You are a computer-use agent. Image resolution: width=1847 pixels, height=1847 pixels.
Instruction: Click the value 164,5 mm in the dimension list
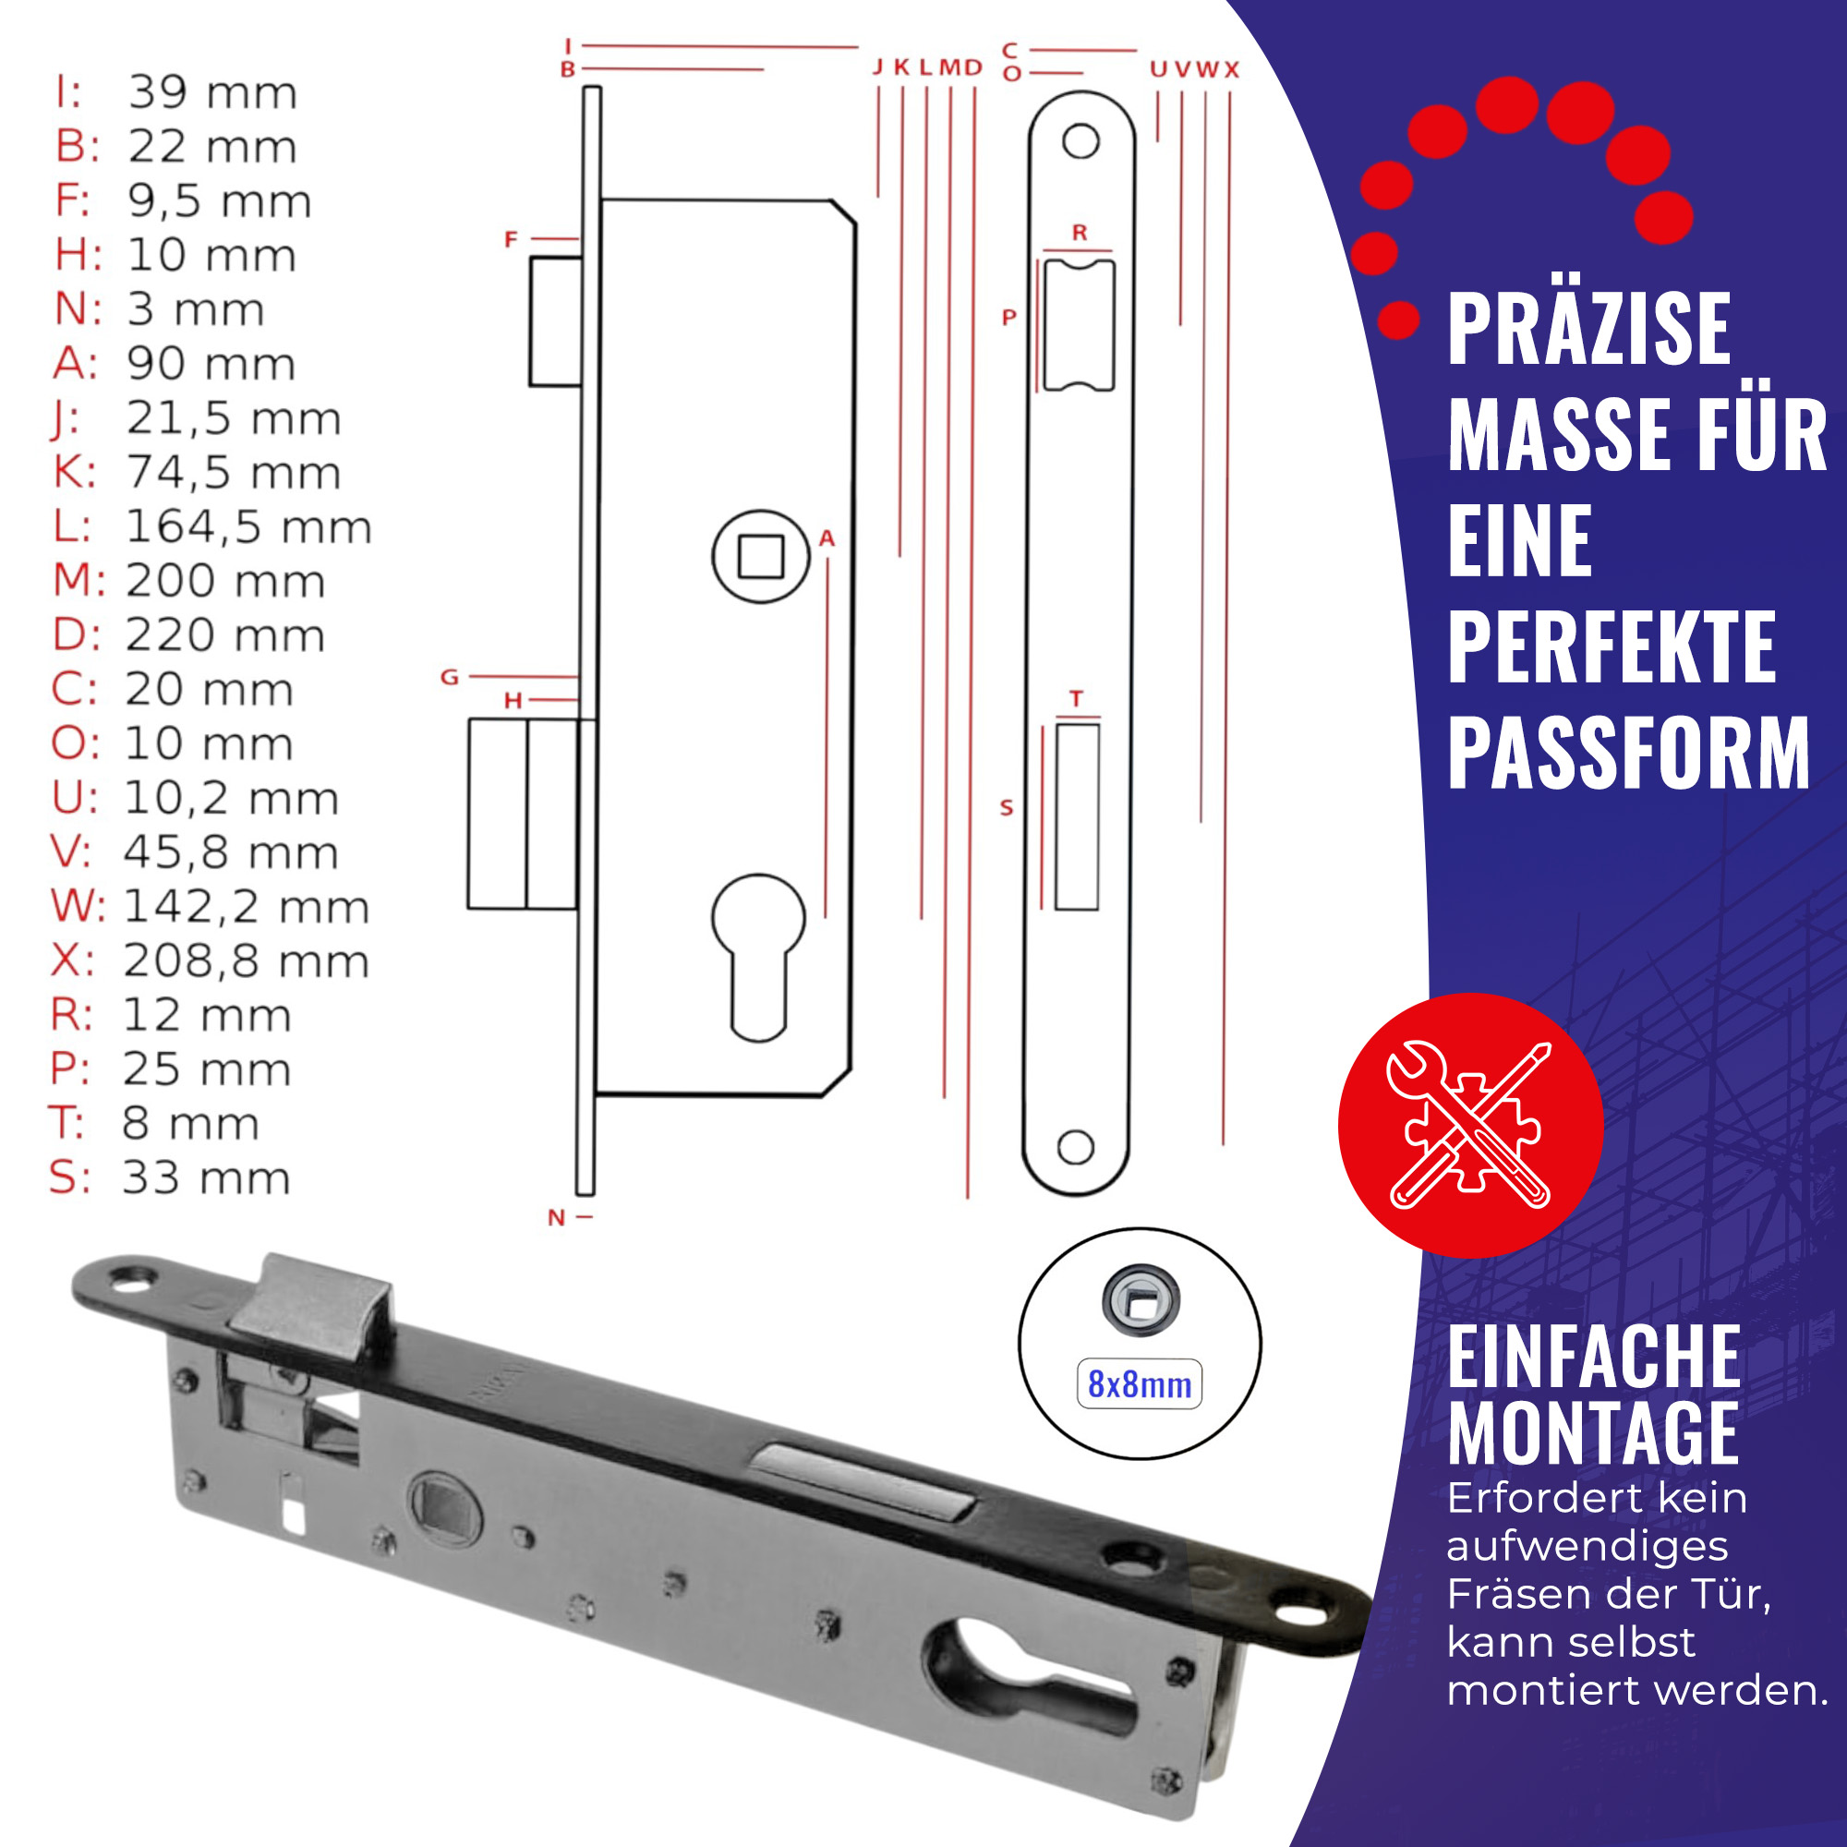coord(248,526)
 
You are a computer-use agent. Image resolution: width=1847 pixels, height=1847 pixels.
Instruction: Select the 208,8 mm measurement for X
coord(246,960)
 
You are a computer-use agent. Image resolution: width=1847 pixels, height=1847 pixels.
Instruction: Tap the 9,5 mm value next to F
coord(220,201)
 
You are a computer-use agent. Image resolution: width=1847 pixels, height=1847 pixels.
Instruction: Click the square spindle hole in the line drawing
coord(761,556)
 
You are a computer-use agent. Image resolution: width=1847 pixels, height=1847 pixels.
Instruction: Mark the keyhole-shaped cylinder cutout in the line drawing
coord(758,957)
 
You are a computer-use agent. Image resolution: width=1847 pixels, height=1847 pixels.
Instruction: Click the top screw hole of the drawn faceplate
coord(1080,141)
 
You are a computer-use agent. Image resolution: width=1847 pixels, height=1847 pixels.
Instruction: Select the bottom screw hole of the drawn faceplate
coord(1076,1147)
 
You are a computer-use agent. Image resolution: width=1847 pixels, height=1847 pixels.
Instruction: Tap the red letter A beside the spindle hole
coord(827,539)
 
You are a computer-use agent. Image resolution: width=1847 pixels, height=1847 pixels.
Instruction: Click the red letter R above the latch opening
coord(1080,233)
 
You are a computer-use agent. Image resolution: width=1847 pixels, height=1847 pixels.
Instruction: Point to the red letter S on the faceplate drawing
coord(1006,809)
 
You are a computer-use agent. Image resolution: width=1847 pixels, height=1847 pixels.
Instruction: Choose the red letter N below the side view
coord(556,1218)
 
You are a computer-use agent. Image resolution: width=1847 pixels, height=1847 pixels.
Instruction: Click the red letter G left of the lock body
coord(450,678)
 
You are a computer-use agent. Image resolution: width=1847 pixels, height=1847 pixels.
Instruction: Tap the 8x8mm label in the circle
coord(1140,1384)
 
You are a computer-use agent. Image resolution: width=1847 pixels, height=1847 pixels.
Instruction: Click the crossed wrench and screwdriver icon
coord(1469,1125)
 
